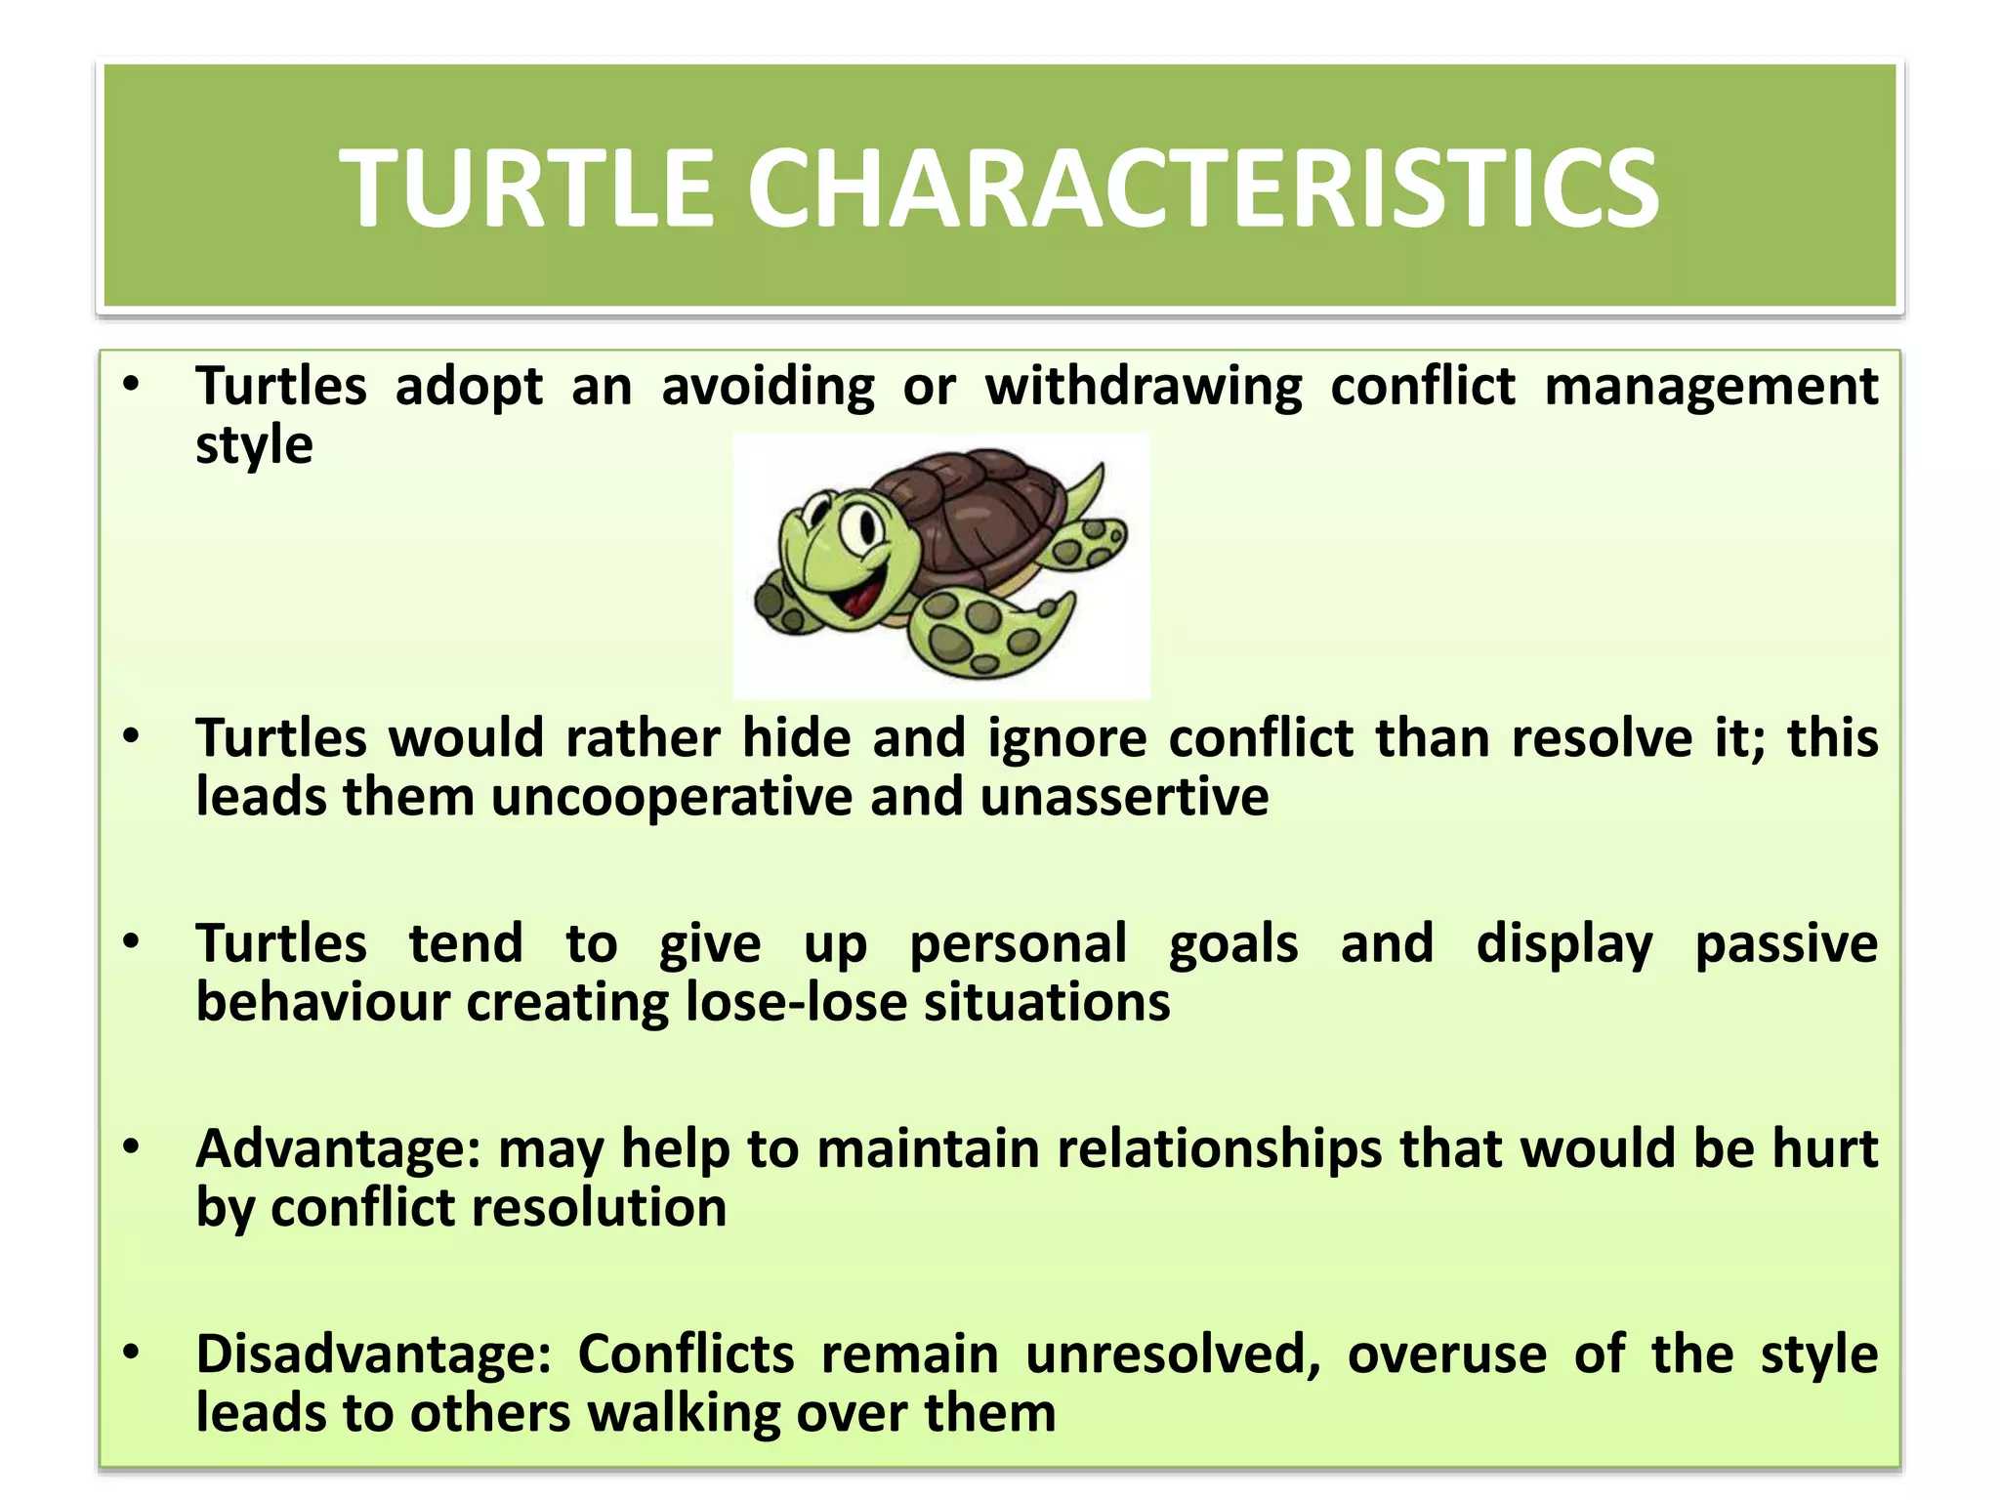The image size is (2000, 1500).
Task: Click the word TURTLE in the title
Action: pos(527,187)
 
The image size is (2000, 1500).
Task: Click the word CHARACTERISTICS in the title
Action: pos(1203,187)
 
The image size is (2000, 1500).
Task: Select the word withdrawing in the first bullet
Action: pos(1143,386)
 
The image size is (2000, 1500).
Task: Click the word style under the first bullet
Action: pos(254,445)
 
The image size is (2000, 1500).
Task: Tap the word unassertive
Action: pos(1124,797)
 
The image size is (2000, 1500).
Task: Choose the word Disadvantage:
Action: pos(373,1354)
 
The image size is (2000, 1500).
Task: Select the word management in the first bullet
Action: pos(1710,386)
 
